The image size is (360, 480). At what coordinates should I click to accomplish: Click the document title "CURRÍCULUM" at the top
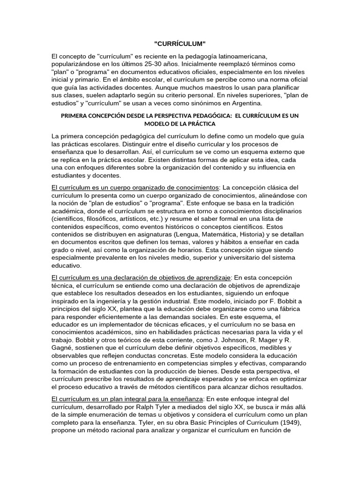point(180,44)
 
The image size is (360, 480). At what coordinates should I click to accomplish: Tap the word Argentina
point(245,103)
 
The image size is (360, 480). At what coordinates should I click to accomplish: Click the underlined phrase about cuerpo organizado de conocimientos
point(135,187)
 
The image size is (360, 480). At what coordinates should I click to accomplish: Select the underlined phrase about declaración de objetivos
point(141,277)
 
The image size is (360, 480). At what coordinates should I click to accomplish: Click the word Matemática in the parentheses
point(227,233)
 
